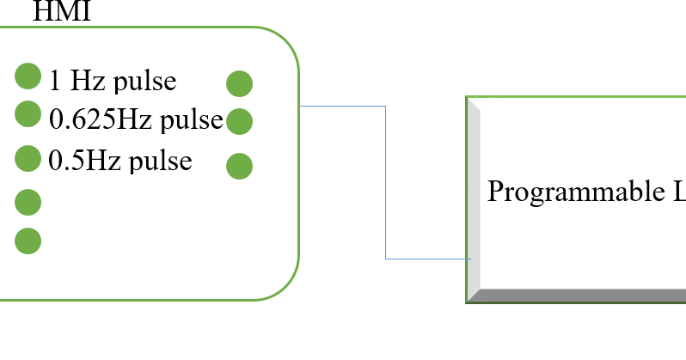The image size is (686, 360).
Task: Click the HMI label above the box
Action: click(61, 11)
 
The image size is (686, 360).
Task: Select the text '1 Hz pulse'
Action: click(113, 81)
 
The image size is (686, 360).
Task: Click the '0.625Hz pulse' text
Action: click(136, 119)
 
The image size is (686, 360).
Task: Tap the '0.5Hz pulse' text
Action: click(120, 161)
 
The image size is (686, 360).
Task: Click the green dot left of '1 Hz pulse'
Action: click(28, 76)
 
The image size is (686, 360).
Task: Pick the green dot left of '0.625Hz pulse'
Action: click(28, 113)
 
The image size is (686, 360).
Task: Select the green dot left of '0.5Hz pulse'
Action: click(28, 158)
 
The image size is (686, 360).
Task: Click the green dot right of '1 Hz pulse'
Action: click(239, 83)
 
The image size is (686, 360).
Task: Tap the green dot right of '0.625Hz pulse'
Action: click(239, 121)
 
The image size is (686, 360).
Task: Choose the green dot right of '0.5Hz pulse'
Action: click(239, 165)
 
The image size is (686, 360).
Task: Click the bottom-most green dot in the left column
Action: click(28, 241)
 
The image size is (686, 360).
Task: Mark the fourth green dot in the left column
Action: click(28, 202)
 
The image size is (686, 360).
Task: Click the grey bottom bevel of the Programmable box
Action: click(576, 296)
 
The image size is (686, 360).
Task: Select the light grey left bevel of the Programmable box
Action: click(473, 198)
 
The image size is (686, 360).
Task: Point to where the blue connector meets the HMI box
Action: click(300, 106)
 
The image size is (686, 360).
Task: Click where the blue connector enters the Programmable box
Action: click(469, 258)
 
